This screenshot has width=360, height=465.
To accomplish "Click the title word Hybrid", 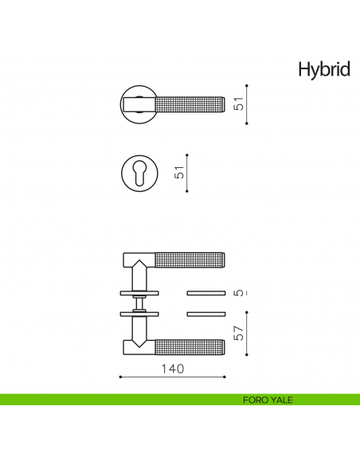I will (x=323, y=69).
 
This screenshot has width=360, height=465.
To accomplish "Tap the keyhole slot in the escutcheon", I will (x=140, y=174).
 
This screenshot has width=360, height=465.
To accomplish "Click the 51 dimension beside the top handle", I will (x=238, y=104).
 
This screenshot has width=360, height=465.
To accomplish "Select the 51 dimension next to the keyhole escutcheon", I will (x=180, y=172).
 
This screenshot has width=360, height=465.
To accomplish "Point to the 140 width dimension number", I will (x=173, y=369).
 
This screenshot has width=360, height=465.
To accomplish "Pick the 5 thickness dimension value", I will (x=238, y=293).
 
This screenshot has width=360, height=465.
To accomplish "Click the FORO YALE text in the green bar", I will (x=268, y=400).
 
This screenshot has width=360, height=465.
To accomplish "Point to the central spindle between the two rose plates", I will (x=141, y=303).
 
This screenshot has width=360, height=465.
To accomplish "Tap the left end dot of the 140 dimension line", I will (x=119, y=377).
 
